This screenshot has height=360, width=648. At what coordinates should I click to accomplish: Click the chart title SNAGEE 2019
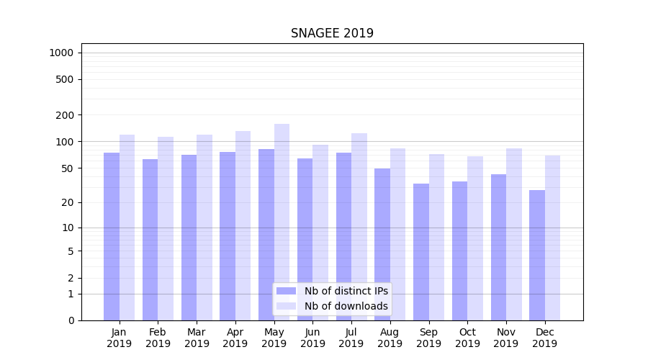[332, 33]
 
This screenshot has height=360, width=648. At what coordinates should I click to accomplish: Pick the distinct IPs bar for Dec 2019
[537, 255]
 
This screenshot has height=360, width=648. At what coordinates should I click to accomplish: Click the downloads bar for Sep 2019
[436, 237]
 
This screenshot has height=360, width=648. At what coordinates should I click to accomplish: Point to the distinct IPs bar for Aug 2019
[382, 244]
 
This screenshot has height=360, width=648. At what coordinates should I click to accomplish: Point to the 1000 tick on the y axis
[61, 53]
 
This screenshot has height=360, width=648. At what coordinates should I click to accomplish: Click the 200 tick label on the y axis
[66, 115]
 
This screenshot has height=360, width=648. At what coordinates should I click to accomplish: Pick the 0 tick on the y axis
[71, 320]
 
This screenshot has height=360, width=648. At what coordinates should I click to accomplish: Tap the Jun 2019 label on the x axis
[312, 338]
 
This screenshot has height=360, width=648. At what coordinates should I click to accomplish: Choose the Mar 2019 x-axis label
[197, 338]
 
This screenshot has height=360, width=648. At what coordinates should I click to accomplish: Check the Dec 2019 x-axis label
[544, 338]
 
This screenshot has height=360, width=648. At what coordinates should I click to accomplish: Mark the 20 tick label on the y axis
[68, 202]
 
